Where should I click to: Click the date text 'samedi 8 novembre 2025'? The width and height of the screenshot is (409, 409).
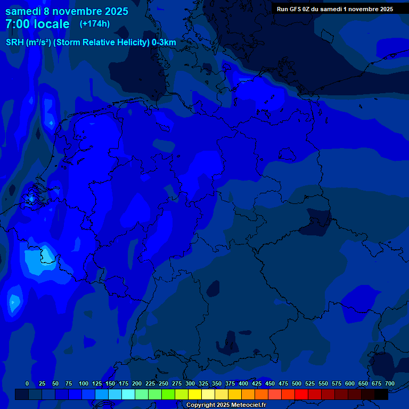click(67, 11)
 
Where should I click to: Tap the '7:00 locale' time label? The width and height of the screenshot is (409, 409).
click(37, 24)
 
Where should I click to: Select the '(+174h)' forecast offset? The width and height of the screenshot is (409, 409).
click(95, 24)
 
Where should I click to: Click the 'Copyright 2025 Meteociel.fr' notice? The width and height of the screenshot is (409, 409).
click(226, 405)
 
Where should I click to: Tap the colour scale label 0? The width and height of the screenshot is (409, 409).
click(27, 383)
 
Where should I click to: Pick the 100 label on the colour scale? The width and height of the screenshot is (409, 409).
click(84, 383)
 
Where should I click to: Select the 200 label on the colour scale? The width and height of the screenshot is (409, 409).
click(137, 383)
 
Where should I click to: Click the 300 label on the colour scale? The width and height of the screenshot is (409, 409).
click(190, 383)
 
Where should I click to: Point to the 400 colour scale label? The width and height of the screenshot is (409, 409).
click(243, 383)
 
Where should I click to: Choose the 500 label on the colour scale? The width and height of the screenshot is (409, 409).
click(297, 383)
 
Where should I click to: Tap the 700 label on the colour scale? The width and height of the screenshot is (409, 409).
click(390, 383)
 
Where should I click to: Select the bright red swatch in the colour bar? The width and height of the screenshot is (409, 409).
click(301, 395)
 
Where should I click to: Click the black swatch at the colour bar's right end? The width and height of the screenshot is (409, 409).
click(381, 395)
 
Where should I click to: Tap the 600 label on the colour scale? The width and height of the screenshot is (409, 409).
click(350, 383)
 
